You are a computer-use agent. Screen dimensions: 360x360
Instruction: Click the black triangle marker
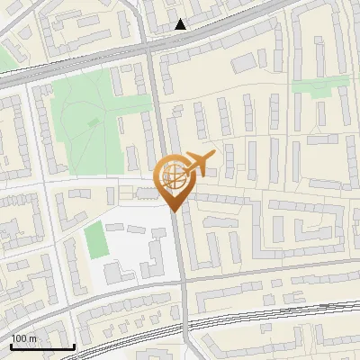coord(181,24)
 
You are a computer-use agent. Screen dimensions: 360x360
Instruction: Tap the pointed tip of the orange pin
coord(173,211)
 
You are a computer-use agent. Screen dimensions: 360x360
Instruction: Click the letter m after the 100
coord(33,337)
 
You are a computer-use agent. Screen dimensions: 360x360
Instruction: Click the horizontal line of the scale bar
coord(41,346)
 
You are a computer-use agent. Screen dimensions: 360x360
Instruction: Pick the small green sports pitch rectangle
coord(95,239)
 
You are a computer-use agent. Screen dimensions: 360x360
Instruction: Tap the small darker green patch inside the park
coord(94,122)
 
